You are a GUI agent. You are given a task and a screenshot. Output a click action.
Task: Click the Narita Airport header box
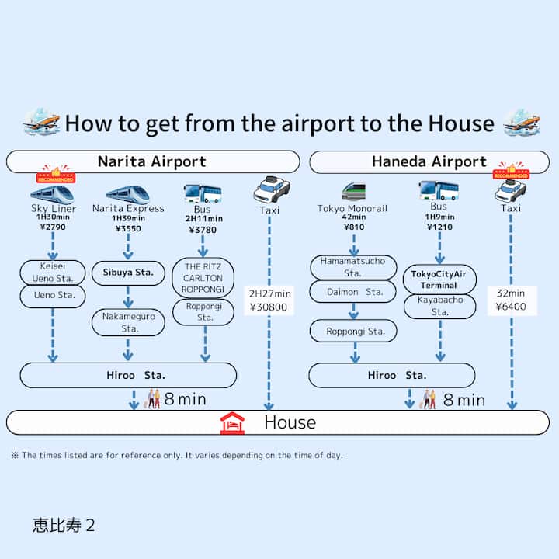click(152, 161)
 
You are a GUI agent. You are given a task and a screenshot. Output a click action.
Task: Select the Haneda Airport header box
click(429, 161)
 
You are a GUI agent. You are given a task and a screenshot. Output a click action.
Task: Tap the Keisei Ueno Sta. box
click(53, 273)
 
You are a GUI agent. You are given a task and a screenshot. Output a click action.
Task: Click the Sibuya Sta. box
click(128, 273)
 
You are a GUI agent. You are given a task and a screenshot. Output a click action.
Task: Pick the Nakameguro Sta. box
click(128, 322)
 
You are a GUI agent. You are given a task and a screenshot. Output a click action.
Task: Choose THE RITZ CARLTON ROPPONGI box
click(203, 278)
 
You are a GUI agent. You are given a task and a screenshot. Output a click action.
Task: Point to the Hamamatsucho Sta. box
click(352, 267)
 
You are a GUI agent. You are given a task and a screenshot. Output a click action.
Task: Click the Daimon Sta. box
click(352, 292)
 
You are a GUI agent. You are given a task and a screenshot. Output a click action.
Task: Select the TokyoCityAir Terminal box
click(439, 279)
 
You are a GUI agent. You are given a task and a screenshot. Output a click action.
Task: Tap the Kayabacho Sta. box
click(439, 305)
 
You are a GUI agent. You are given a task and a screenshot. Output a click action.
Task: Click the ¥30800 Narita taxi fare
click(269, 307)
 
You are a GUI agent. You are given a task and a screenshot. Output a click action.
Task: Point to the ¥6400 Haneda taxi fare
click(511, 307)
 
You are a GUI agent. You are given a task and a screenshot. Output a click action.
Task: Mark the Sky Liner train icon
click(52, 193)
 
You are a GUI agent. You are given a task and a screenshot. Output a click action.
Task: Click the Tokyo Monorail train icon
click(353, 192)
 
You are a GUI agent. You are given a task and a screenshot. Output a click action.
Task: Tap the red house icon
click(232, 423)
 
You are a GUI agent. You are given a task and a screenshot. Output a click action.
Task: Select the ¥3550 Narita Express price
click(128, 229)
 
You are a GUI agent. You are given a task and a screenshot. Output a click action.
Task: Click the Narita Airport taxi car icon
click(271, 190)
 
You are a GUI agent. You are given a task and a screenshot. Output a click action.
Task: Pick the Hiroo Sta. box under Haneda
click(391, 375)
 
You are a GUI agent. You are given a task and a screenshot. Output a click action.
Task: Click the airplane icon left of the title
click(41, 122)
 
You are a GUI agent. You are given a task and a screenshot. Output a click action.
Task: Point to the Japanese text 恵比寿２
click(64, 525)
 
